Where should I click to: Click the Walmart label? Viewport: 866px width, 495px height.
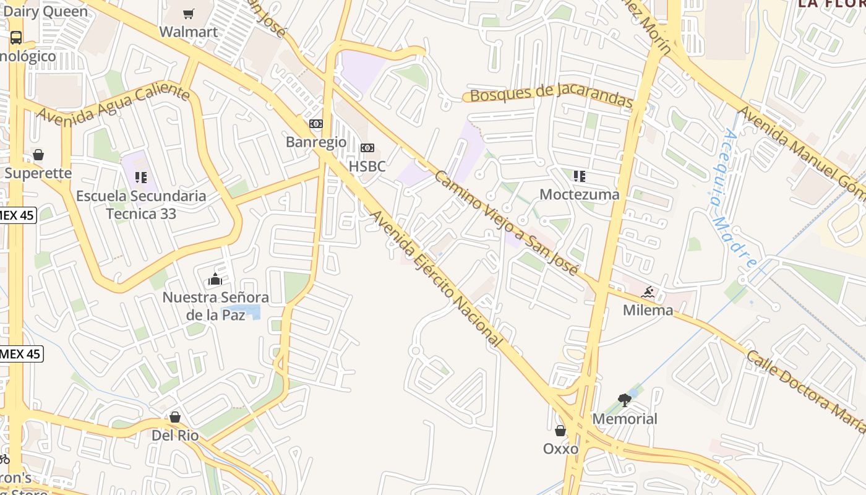[189, 32]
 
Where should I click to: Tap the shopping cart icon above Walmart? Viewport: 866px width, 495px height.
[189, 14]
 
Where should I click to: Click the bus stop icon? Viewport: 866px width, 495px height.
[16, 37]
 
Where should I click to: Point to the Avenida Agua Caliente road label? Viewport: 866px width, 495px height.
[113, 104]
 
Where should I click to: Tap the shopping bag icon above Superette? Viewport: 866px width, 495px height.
[38, 155]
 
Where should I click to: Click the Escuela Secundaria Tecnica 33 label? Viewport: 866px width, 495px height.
[141, 205]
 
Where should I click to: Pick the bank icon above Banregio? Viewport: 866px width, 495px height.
[316, 124]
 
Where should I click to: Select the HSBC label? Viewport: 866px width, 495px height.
[367, 166]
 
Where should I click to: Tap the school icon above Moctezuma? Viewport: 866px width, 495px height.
[580, 176]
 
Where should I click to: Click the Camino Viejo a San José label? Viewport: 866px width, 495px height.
[506, 223]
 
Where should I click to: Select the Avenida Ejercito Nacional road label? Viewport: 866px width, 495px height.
[435, 278]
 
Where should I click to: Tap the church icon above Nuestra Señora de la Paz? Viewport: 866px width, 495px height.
[215, 279]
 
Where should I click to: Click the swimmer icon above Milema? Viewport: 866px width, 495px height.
[648, 292]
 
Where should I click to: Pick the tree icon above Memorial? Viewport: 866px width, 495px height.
[625, 400]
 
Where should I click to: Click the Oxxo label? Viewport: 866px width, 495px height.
[560, 449]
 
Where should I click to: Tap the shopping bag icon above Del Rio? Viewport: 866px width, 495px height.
[175, 417]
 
